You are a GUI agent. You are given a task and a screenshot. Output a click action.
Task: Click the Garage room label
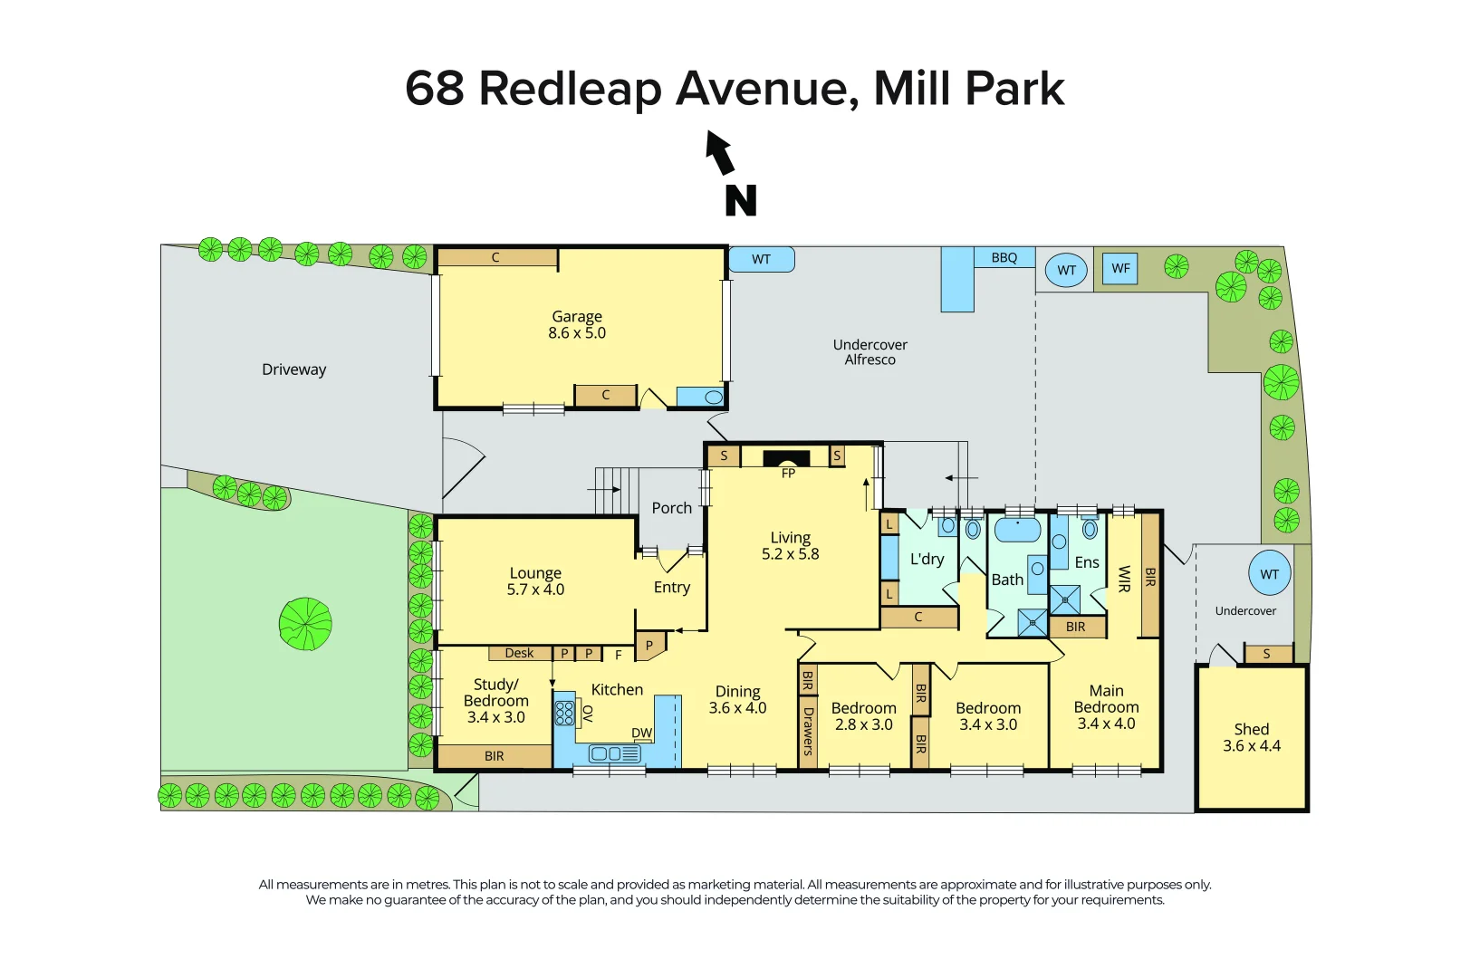[577, 317]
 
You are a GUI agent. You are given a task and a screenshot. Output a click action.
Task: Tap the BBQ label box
[1004, 258]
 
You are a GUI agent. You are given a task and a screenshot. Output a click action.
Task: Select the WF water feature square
[1120, 268]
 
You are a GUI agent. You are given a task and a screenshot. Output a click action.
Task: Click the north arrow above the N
[720, 151]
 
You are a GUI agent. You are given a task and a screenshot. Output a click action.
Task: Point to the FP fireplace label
[788, 474]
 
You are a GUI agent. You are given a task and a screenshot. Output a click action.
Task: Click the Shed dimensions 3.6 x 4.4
[1251, 746]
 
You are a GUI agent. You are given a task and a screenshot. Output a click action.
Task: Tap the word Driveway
[293, 369]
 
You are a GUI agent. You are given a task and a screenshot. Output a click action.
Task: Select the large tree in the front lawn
[305, 624]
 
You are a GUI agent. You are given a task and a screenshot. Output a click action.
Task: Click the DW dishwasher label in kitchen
[641, 733]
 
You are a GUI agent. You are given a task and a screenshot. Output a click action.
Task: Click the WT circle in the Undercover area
[1269, 574]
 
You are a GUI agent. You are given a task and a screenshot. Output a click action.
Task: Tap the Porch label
[671, 508]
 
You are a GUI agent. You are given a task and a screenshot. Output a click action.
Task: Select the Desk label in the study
[519, 653]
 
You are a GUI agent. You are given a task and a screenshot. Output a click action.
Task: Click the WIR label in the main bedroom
[1124, 579]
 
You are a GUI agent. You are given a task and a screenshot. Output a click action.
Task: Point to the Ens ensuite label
[1086, 562]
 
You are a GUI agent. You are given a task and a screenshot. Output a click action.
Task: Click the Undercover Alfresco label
[870, 352]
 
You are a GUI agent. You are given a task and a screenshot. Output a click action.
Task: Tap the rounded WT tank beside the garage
[761, 260]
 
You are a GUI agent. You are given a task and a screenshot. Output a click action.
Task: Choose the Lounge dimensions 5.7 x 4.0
[535, 590]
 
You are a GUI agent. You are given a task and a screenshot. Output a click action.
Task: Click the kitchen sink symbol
[615, 753]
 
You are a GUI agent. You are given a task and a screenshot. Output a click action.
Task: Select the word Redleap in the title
[570, 89]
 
